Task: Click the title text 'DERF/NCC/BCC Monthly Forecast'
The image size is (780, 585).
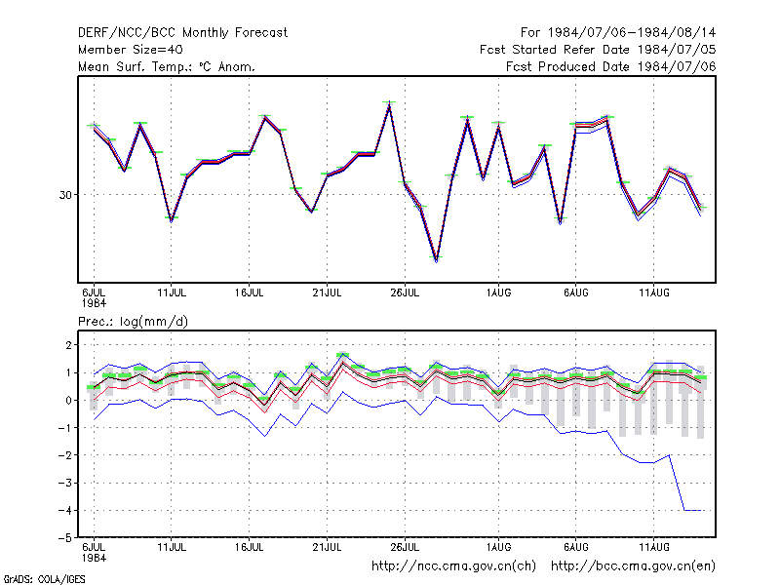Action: point(182,33)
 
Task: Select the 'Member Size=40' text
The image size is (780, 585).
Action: point(131,50)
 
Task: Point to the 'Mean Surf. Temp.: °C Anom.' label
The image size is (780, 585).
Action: point(166,66)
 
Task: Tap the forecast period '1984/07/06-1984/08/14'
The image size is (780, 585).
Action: point(632,33)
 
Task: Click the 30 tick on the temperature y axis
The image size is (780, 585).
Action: point(65,195)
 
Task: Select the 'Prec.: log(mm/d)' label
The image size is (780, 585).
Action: point(133,322)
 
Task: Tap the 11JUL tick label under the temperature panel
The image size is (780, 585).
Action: point(172,292)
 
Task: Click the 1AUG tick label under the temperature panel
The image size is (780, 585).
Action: point(498,292)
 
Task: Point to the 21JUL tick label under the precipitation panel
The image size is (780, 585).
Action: point(327,547)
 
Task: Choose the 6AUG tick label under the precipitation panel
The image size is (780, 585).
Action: point(576,547)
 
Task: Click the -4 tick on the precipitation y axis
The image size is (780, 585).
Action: point(65,510)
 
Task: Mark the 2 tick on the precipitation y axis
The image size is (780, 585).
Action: point(68,345)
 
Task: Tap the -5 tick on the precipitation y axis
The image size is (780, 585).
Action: point(65,538)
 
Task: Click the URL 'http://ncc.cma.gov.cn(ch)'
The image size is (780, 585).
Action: point(453,566)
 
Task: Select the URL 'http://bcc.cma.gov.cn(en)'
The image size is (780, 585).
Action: point(633,566)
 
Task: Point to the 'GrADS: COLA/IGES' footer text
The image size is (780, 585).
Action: point(44,579)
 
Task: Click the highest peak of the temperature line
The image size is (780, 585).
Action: point(389,103)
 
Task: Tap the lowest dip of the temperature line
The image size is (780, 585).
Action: point(436,259)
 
